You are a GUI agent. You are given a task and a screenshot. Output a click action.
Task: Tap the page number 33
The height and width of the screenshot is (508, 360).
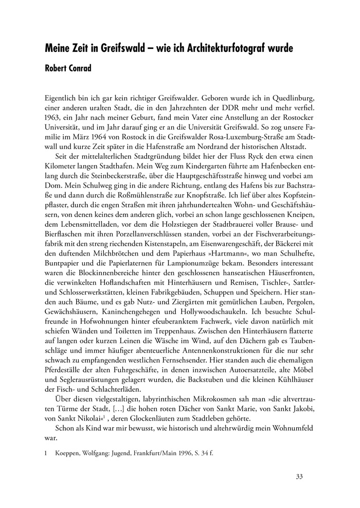300,476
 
